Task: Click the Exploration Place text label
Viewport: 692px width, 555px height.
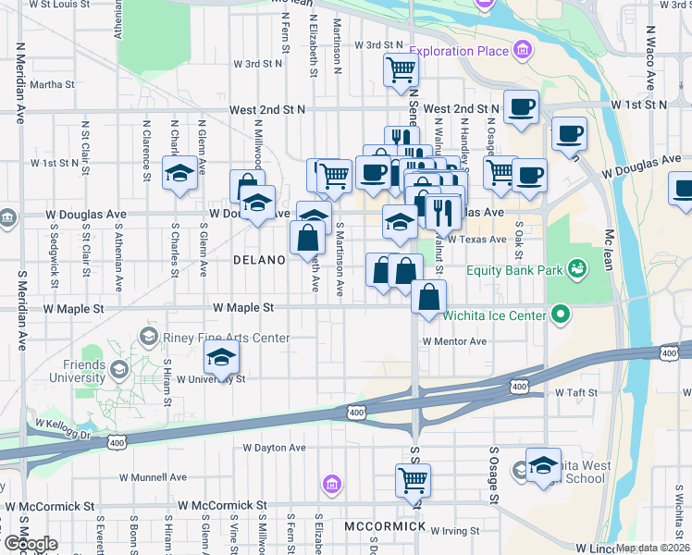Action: pyautogui.click(x=460, y=50)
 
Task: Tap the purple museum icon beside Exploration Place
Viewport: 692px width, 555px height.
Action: pyautogui.click(x=524, y=48)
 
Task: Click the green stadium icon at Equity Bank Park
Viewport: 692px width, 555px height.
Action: pyautogui.click(x=578, y=269)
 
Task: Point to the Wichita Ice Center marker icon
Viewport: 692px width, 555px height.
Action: pyautogui.click(x=560, y=315)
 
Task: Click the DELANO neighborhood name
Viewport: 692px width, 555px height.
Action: pyautogui.click(x=259, y=261)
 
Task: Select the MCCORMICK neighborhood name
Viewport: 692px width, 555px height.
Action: pyautogui.click(x=385, y=526)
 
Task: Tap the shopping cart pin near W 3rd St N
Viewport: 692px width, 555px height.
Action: pyautogui.click(x=401, y=68)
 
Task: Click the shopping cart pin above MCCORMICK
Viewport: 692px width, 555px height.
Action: pyautogui.click(x=412, y=479)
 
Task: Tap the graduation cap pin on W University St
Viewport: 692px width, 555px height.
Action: pyautogui.click(x=221, y=357)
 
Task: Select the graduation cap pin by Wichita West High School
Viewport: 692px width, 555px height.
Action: pyautogui.click(x=543, y=462)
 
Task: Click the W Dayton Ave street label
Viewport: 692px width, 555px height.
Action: pyautogui.click(x=275, y=448)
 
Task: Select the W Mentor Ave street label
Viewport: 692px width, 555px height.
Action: pyautogui.click(x=454, y=341)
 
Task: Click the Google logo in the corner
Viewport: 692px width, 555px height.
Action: pyautogui.click(x=30, y=544)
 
